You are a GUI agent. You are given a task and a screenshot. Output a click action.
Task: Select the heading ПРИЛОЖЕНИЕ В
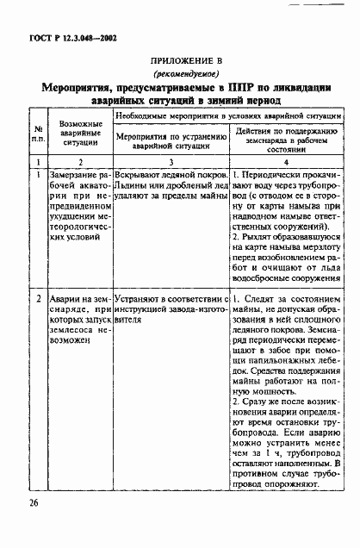tap(178, 61)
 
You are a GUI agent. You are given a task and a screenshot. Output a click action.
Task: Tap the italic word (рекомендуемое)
tap(178, 74)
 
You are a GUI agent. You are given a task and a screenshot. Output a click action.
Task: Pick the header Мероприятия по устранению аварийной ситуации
tap(170, 140)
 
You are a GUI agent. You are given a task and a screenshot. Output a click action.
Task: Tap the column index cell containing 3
tap(170, 161)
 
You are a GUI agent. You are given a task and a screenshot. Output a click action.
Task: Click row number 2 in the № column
tap(39, 298)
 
